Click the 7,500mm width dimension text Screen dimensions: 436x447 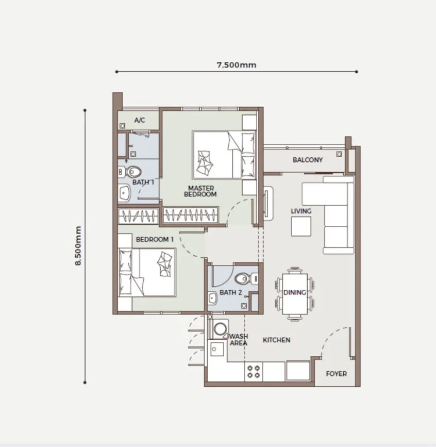point(237,65)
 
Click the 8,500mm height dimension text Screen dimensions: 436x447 point(78,246)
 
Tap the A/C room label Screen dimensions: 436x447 point(140,120)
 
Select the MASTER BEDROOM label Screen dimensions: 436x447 point(200,191)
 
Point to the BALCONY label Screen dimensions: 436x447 point(308,160)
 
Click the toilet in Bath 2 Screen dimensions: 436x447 point(247,278)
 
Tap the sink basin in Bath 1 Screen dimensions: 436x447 point(124,193)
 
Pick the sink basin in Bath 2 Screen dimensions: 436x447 point(212,298)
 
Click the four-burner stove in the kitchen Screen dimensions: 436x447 point(254,371)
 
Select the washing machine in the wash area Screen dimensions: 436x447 point(219,329)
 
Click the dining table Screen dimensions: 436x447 point(295,294)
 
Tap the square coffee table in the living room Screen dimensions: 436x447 point(301,226)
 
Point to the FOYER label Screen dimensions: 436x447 point(337,374)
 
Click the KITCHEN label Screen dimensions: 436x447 point(276,340)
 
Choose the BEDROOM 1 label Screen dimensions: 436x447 point(155,239)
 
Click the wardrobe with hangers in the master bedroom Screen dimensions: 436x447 point(191,215)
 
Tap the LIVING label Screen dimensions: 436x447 point(301,211)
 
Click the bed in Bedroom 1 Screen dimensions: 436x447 point(147,272)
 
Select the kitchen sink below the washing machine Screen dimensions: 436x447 point(217,349)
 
